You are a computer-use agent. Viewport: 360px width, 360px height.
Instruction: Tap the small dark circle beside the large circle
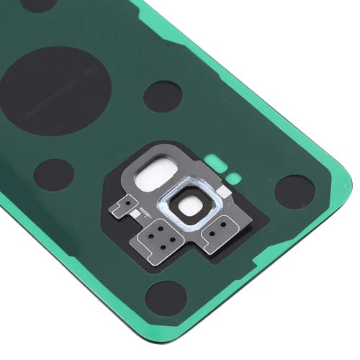click(x=162, y=96)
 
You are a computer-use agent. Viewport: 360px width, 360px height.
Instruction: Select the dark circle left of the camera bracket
click(x=54, y=175)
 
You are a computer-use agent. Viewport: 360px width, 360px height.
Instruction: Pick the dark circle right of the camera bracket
click(x=294, y=192)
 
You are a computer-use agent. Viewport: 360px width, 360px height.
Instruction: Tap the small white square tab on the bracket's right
click(x=225, y=192)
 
